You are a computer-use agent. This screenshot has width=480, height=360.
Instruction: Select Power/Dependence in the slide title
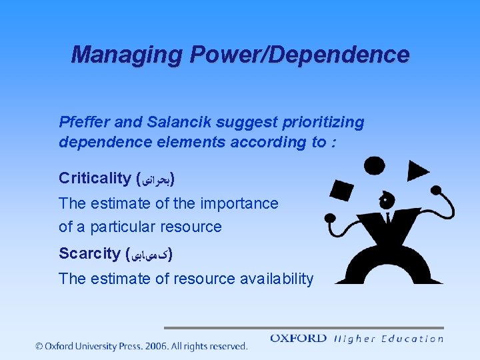pyautogui.click(x=300, y=55)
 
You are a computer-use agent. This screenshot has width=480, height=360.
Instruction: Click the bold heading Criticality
pyautogui.click(x=95, y=178)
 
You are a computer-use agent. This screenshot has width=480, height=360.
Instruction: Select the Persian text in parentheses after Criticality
pyautogui.click(x=155, y=179)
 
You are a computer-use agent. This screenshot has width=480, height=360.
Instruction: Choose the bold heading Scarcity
pyautogui.click(x=89, y=254)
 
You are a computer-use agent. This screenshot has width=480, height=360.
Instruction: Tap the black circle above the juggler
pyautogui.click(x=374, y=165)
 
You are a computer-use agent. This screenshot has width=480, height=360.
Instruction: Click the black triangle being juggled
pyautogui.click(x=417, y=171)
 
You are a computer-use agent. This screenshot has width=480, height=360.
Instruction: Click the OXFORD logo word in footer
pyautogui.click(x=298, y=339)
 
